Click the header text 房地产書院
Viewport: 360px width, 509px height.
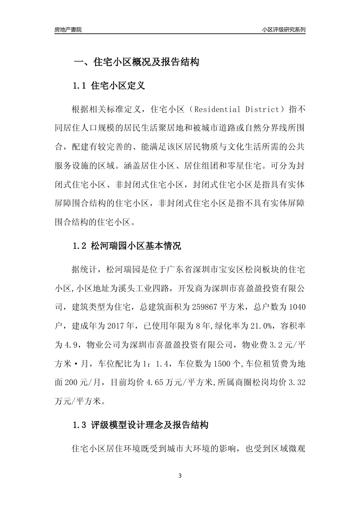click(68, 30)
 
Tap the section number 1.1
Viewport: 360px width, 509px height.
click(80, 86)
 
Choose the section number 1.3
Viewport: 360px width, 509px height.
click(80, 425)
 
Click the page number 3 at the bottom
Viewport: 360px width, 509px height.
click(180, 476)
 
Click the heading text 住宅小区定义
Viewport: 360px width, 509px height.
click(118, 86)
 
